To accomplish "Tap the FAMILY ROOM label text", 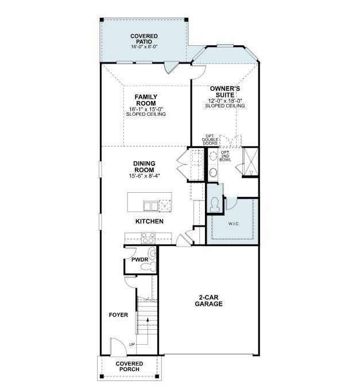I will coord(145,100).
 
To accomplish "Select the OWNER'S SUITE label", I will coord(225,92).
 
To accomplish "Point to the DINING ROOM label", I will coord(145,167).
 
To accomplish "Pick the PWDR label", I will coord(136,260).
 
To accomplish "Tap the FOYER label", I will coord(118,315).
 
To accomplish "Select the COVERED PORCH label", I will coord(129,367).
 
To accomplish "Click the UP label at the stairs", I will coord(132,344).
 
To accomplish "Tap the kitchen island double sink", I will coord(151,205).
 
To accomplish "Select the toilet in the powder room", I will coord(153,254).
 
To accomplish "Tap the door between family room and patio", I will coord(169,67).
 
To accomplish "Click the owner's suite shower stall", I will coord(251,161).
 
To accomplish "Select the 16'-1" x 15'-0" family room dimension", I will coord(145,108).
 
